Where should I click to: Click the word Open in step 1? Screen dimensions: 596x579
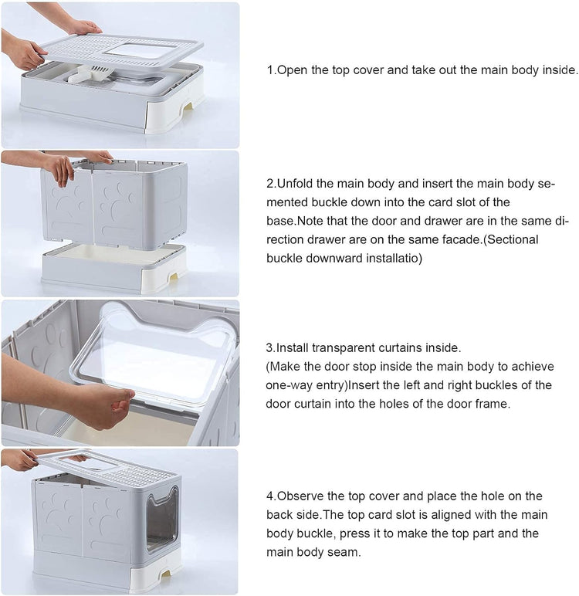coord(293,69)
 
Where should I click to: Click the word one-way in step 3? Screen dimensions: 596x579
coord(289,385)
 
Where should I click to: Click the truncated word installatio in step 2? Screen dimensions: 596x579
coord(389,258)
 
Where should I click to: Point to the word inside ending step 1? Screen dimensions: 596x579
coord(560,69)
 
